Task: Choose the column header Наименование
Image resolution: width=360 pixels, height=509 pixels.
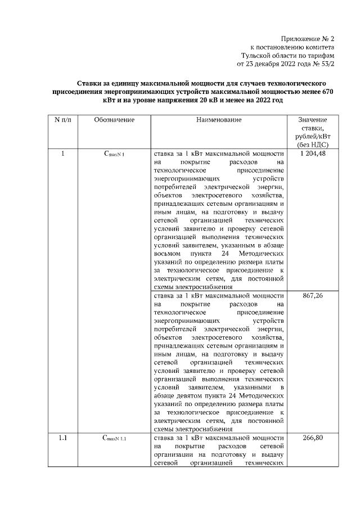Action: pyautogui.click(x=219, y=120)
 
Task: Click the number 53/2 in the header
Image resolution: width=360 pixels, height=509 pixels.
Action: pyautogui.click(x=326, y=64)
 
